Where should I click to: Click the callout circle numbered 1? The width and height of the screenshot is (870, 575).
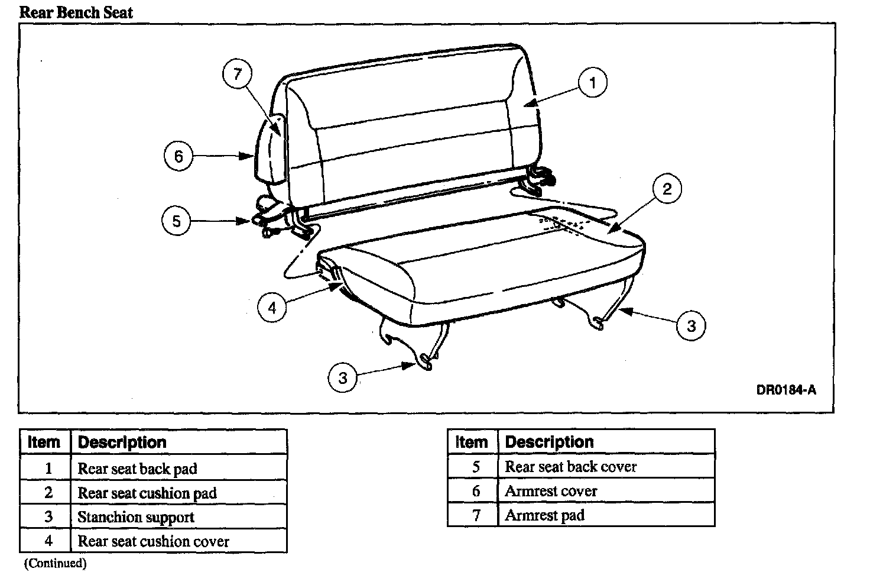(593, 82)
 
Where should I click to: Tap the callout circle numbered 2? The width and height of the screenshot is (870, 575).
(667, 189)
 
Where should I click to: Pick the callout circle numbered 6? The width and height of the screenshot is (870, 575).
(178, 156)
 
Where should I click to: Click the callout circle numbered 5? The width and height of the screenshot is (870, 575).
(176, 221)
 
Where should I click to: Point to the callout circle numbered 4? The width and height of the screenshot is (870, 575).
(272, 308)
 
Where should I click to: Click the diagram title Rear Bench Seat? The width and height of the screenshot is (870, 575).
(76, 12)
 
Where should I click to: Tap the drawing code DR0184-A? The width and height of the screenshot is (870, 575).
(785, 390)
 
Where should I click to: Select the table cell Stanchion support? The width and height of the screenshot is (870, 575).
(136, 517)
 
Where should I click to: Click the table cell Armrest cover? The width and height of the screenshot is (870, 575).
(551, 491)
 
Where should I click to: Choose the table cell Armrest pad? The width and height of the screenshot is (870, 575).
(544, 515)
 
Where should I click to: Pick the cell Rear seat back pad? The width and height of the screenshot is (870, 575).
(137, 469)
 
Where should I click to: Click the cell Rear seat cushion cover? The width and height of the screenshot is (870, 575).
(153, 541)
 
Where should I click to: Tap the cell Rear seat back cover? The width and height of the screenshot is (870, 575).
(570, 467)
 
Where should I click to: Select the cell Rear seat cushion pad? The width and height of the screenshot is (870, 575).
(147, 493)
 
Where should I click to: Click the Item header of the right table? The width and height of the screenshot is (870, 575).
(472, 442)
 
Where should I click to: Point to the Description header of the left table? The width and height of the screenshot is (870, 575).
(122, 442)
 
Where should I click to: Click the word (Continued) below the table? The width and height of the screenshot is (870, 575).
(55, 563)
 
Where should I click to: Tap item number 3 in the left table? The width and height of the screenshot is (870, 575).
(48, 517)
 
